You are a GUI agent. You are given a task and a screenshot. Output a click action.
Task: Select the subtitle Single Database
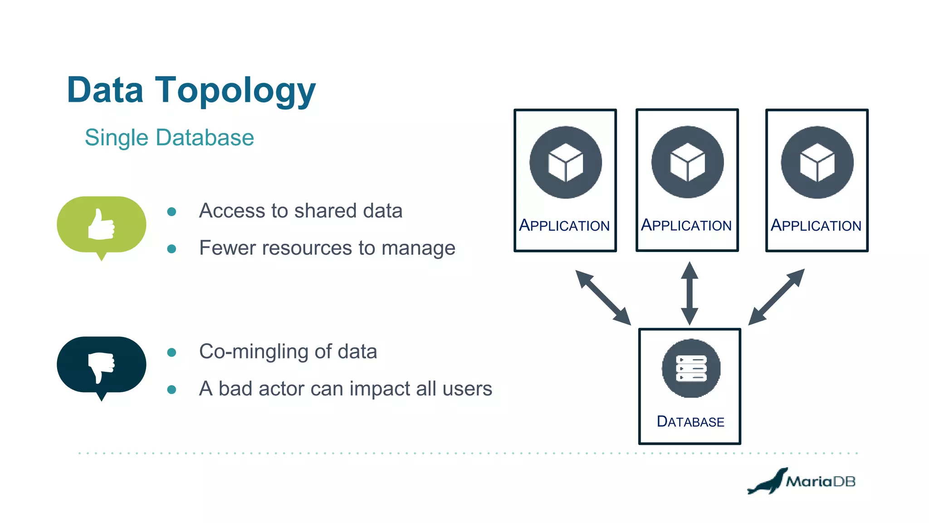pyautogui.click(x=169, y=138)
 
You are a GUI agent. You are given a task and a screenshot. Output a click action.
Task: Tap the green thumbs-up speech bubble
pyautogui.click(x=102, y=225)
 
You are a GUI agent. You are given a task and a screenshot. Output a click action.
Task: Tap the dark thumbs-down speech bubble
pyautogui.click(x=102, y=365)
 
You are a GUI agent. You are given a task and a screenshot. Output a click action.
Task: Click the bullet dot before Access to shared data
pyautogui.click(x=171, y=212)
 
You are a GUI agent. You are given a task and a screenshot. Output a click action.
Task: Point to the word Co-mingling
pyautogui.click(x=254, y=352)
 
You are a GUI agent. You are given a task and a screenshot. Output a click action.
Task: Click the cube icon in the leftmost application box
pyautogui.click(x=565, y=162)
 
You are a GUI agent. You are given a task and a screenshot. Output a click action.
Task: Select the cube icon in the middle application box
pyautogui.click(x=687, y=162)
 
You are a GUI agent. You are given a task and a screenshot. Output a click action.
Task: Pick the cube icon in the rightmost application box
pyautogui.click(x=817, y=162)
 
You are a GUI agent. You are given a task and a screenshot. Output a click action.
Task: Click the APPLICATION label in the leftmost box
pyautogui.click(x=564, y=226)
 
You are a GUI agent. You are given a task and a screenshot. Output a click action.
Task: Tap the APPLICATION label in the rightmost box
pyautogui.click(x=816, y=226)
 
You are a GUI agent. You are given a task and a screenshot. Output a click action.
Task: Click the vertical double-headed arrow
pyautogui.click(x=689, y=293)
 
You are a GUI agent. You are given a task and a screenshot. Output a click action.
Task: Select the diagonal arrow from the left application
pyautogui.click(x=603, y=297)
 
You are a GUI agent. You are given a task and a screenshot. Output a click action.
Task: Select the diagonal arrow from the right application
pyautogui.click(x=776, y=297)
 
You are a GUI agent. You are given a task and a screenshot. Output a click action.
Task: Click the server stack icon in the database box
pyautogui.click(x=691, y=368)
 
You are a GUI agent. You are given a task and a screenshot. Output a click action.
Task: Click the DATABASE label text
pyautogui.click(x=690, y=422)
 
